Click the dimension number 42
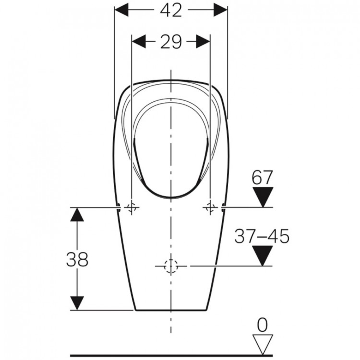pyautogui.click(x=171, y=11)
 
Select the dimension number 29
pyautogui.click(x=171, y=42)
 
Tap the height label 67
pyautogui.click(x=262, y=178)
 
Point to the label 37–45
pyautogui.click(x=262, y=236)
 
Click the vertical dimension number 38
pyautogui.click(x=77, y=259)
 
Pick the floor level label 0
pyautogui.click(x=263, y=325)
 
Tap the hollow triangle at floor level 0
pyautogui.click(x=263, y=344)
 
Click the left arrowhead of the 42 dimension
pyautogui.click(x=121, y=10)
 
